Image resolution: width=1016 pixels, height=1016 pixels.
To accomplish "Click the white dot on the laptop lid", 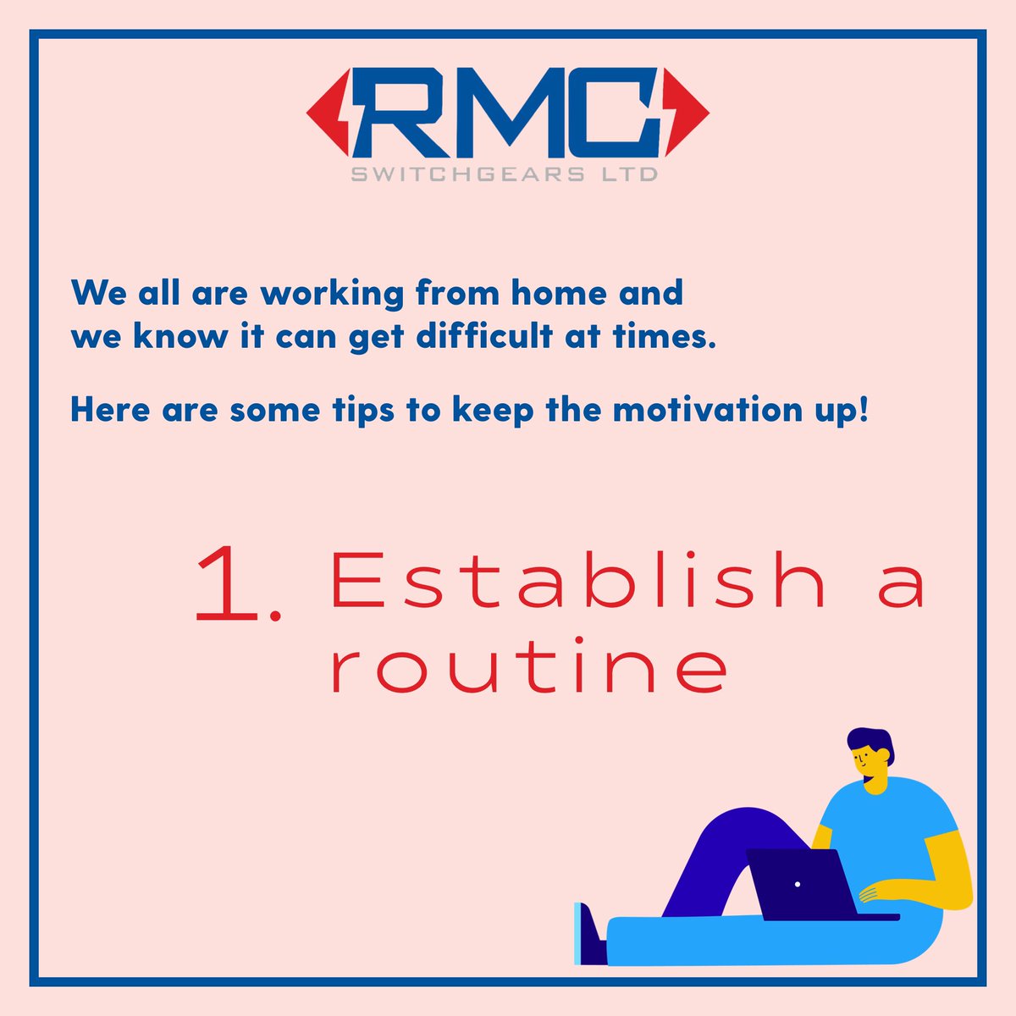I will click(x=798, y=884).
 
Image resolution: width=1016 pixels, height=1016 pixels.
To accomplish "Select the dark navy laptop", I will click(x=804, y=885).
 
